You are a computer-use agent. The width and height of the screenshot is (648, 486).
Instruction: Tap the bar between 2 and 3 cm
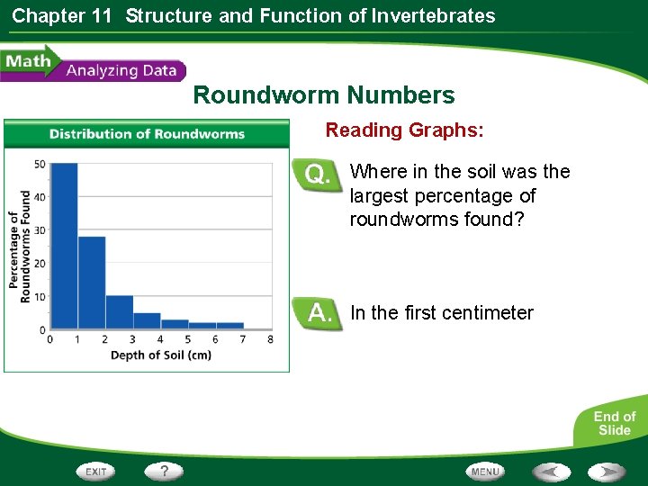click(x=119, y=311)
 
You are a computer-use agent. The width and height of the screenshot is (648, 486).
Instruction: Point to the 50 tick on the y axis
click(x=40, y=164)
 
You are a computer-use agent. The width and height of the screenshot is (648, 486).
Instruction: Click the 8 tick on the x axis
click(x=270, y=339)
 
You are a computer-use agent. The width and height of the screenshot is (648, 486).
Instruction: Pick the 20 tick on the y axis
click(x=40, y=264)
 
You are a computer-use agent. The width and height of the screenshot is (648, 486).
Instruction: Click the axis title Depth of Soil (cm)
click(x=160, y=355)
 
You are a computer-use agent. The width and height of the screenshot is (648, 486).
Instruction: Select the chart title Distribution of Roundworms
click(x=147, y=134)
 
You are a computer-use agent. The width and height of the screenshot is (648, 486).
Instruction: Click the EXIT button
click(x=96, y=472)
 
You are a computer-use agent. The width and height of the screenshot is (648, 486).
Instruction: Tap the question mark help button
click(x=165, y=471)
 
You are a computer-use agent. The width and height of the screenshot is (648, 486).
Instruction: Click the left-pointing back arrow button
click(x=551, y=472)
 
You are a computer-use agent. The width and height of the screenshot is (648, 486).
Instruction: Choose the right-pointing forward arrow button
click(x=607, y=472)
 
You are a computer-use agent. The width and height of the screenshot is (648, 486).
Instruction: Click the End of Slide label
click(x=614, y=423)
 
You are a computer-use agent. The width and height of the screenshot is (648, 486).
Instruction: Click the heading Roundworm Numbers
click(x=324, y=95)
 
